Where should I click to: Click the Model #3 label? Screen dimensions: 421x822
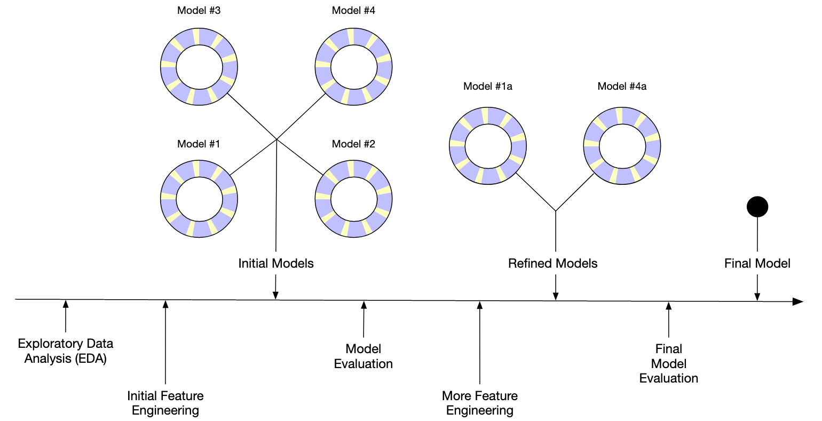(x=199, y=11)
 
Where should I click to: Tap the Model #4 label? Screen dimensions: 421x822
(x=353, y=11)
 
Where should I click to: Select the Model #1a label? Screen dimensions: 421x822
(x=488, y=87)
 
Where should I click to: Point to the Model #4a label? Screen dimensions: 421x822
(x=622, y=87)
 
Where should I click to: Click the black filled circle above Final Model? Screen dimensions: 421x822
(x=757, y=207)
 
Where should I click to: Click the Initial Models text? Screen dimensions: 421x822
(x=276, y=263)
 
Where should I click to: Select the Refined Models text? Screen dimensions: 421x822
(x=553, y=263)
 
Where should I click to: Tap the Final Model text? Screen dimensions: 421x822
(x=757, y=263)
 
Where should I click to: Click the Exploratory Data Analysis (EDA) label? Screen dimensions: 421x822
(x=66, y=351)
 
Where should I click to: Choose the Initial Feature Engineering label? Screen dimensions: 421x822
(x=165, y=403)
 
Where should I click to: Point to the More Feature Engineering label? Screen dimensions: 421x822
(x=480, y=403)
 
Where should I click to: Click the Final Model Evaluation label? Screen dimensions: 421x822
(x=668, y=364)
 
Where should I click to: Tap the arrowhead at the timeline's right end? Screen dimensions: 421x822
(x=798, y=302)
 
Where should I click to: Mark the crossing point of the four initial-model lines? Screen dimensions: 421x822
(x=276, y=139)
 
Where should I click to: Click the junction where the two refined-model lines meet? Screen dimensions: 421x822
(x=556, y=211)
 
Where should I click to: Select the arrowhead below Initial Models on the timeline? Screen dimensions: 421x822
(x=275, y=295)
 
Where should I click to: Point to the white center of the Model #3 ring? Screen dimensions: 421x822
(x=199, y=67)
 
